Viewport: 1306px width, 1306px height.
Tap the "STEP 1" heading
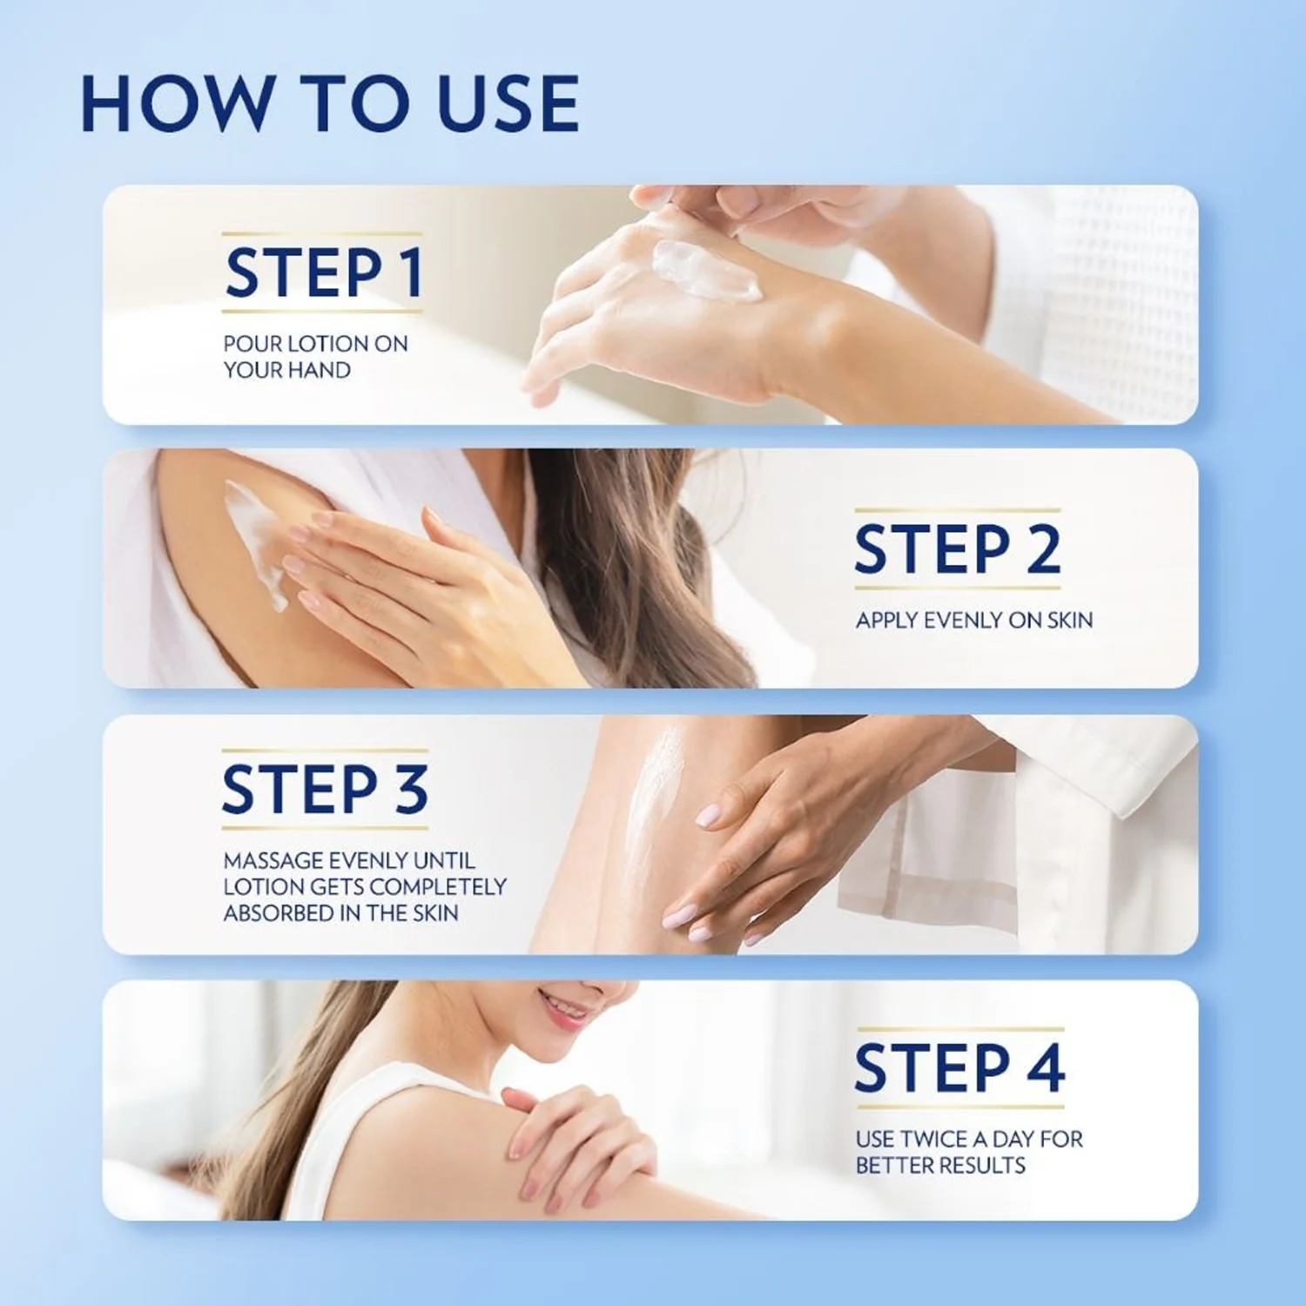[x=323, y=273]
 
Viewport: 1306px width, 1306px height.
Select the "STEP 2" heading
[x=957, y=549]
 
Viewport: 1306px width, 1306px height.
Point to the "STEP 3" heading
[x=325, y=790]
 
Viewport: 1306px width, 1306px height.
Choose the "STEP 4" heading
[x=959, y=1068]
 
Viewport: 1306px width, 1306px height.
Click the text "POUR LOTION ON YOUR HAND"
[x=315, y=356]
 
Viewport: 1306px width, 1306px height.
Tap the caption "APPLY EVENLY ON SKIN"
[x=973, y=620]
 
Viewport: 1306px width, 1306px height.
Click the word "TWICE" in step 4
[x=935, y=1139]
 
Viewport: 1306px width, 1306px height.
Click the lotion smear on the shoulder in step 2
[x=252, y=540]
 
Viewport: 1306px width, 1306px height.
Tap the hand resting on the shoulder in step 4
[x=575, y=1132]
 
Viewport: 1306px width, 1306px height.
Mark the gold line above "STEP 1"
[x=321, y=234]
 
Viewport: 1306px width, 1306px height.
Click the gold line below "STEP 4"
[x=959, y=1107]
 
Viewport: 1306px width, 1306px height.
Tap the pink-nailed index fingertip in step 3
[x=707, y=816]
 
